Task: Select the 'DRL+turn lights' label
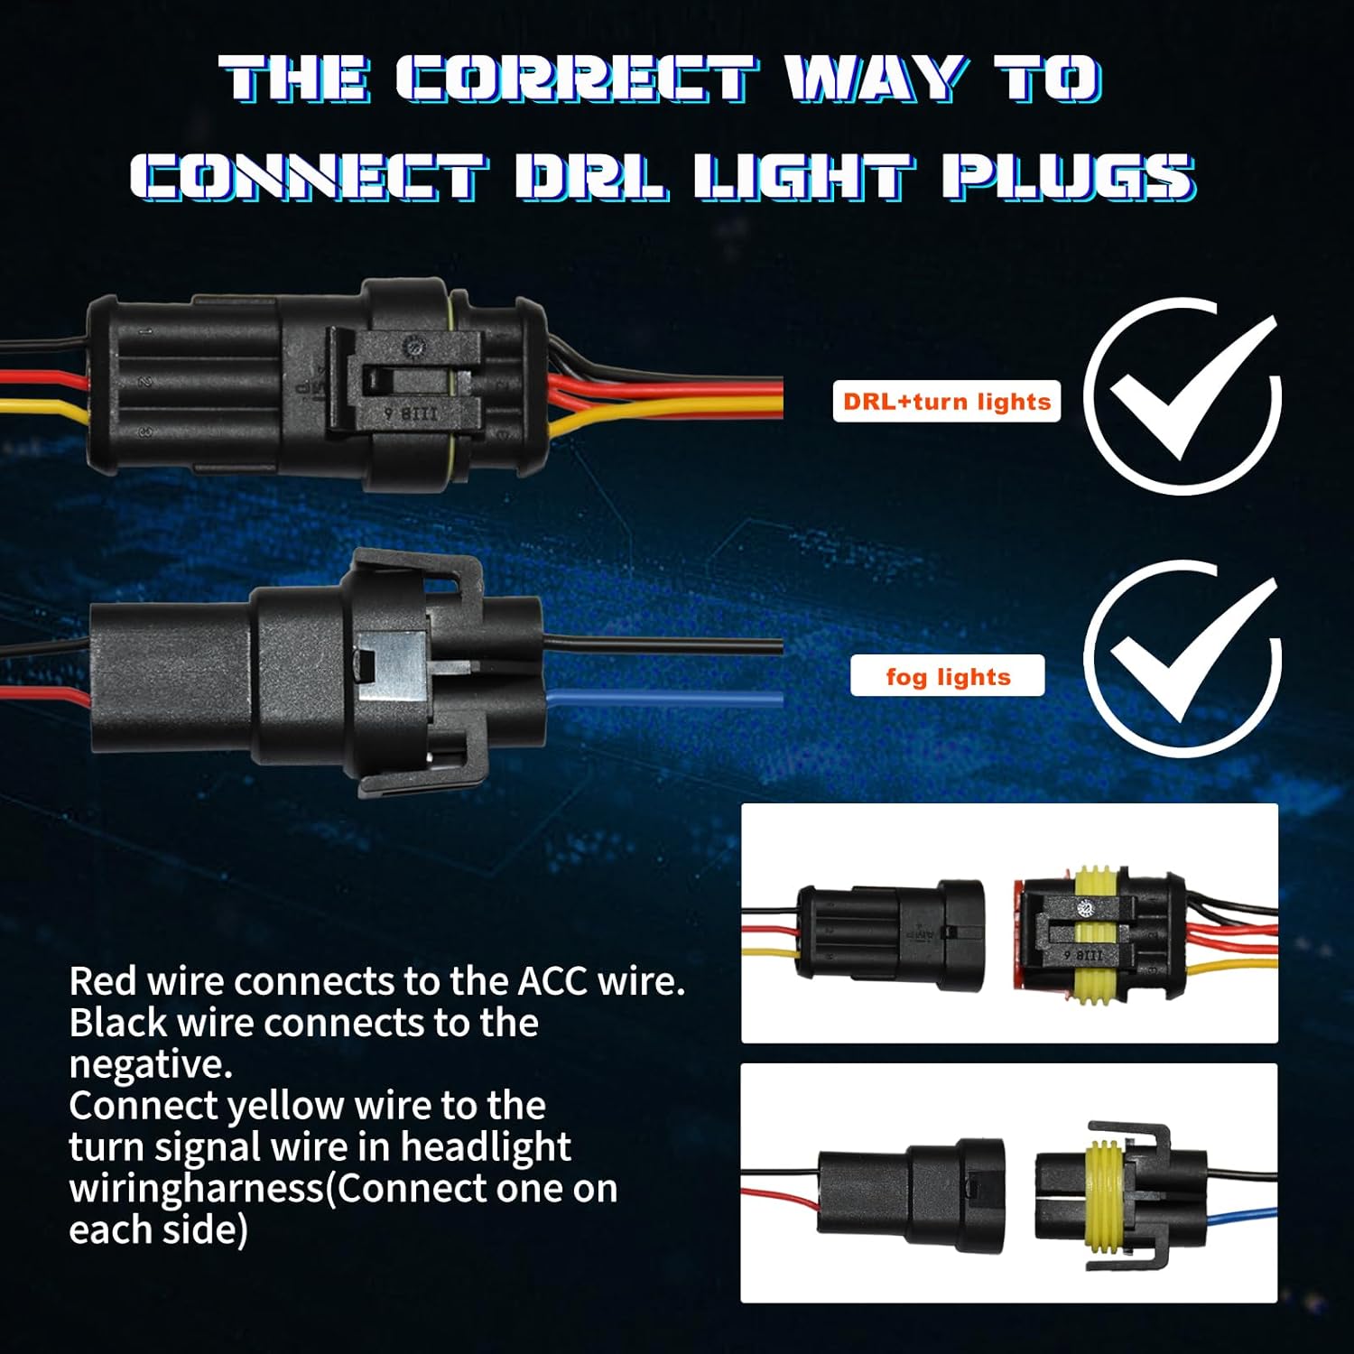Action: coord(946,402)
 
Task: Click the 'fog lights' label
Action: coord(948,676)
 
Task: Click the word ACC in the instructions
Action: coord(552,981)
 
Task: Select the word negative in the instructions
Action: coord(151,1063)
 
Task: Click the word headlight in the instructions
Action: coord(485,1146)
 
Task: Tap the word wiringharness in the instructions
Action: coord(196,1188)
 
